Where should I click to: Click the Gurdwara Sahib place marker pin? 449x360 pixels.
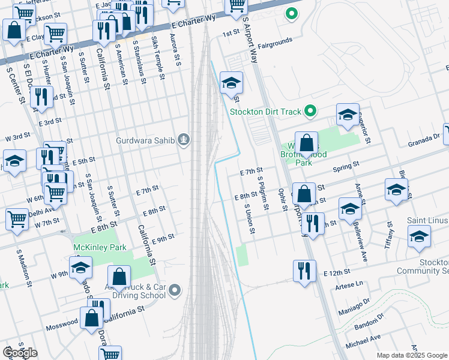coord(184,141)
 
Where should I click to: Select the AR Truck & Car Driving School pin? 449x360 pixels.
coord(175,291)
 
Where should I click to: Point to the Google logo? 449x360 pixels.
coord(19,352)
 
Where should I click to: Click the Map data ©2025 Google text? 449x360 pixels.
coord(411,355)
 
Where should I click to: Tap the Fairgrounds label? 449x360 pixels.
coord(274,41)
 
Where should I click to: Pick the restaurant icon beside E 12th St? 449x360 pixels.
coord(305,270)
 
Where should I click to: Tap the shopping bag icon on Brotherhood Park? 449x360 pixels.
coord(306,143)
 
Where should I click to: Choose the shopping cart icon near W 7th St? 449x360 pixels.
coord(17,218)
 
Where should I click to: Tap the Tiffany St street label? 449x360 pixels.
coord(390,232)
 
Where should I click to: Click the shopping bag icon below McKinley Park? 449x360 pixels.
coord(119,276)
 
